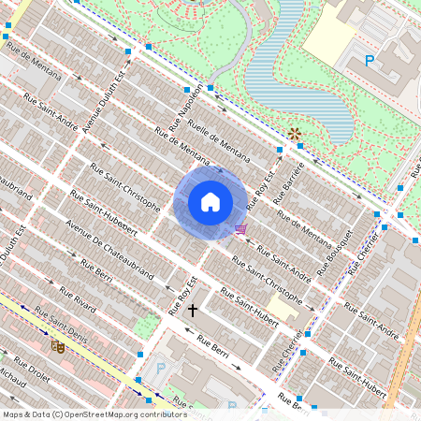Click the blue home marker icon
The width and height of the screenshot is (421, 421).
[210, 202]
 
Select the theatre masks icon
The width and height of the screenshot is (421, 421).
[58, 345]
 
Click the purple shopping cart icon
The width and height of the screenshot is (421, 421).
[241, 229]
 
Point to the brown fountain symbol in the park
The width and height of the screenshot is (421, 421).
[296, 135]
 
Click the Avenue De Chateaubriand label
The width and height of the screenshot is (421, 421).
[109, 251]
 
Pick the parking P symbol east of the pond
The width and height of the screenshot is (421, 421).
[370, 61]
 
